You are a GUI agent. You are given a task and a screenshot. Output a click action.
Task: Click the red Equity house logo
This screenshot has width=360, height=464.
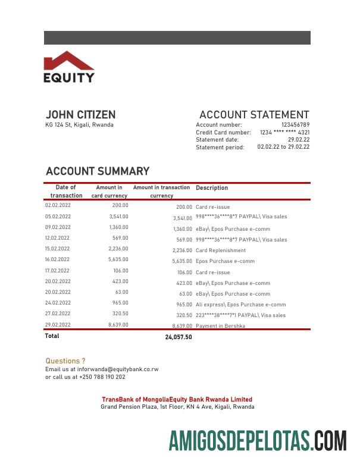coord(68,61)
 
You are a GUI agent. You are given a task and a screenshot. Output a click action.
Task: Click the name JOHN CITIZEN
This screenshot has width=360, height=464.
coord(80,115)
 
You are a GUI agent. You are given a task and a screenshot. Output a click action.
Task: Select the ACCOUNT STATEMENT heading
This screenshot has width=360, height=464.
coord(254,115)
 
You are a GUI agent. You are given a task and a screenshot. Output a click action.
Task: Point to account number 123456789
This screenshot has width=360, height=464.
coord(295,125)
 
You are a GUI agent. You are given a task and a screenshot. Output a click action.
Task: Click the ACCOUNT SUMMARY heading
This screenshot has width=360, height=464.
coord(98,171)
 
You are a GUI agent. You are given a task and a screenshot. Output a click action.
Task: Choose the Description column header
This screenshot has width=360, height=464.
coord(212,188)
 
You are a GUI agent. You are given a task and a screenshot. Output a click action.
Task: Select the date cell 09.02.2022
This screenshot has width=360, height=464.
coord(58,227)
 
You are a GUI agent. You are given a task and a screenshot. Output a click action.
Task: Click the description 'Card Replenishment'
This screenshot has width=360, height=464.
coord(220,250)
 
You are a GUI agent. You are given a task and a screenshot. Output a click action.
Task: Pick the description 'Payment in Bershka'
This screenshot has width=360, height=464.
coord(220,326)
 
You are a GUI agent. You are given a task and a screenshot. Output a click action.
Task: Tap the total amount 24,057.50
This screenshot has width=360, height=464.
coord(179,337)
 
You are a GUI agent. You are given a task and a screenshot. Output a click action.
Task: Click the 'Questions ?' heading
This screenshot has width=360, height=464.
coord(65,361)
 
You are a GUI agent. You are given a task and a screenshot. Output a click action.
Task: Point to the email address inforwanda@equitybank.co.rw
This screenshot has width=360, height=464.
coord(118,369)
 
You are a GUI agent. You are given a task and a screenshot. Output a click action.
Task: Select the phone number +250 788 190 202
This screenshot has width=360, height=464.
coord(102,377)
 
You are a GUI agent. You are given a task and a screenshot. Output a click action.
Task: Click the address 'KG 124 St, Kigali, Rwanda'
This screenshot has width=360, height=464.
coord(79,125)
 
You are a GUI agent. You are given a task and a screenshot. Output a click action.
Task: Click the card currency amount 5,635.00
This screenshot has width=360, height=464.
coord(118,259)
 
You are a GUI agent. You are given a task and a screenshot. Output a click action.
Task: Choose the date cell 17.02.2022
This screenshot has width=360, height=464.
coord(58,271)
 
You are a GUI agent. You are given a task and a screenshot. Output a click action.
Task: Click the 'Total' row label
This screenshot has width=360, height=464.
coord(52,336)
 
